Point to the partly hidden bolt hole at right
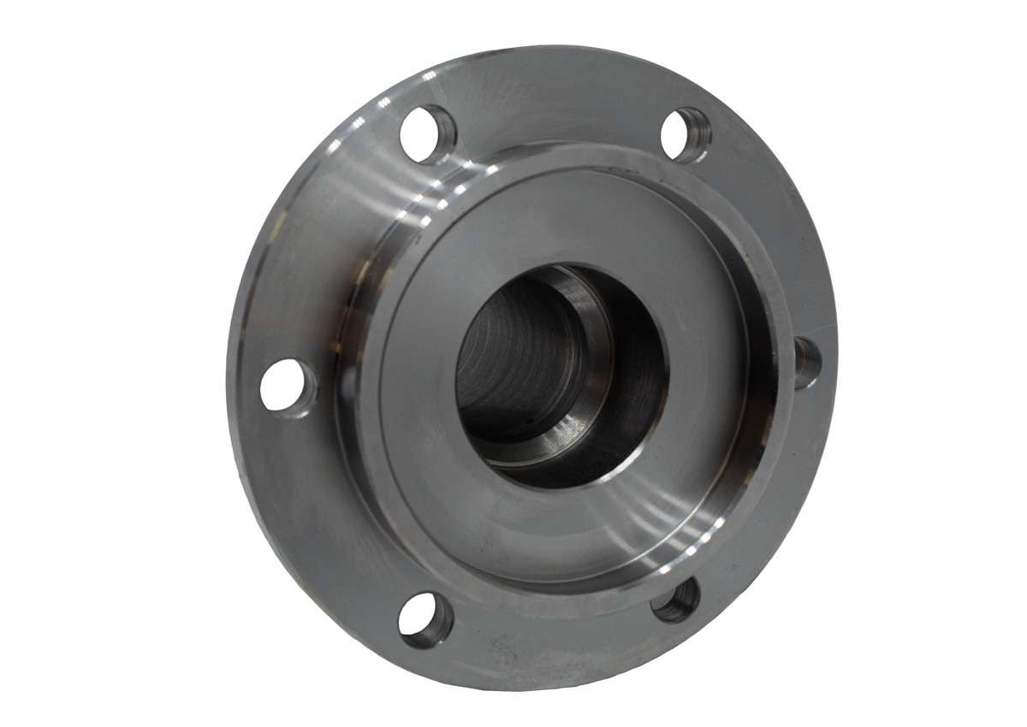click(x=806, y=362)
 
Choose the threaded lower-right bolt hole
click(x=675, y=600)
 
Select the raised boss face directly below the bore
click(x=556, y=530)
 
